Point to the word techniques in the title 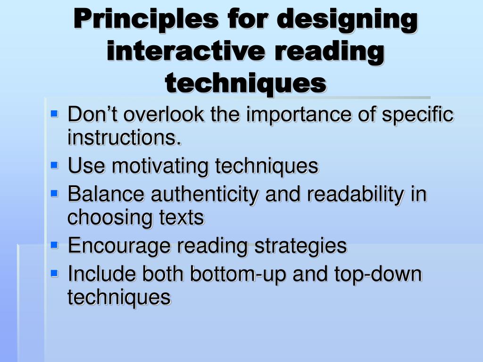[x=246, y=83]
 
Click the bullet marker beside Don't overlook [x=54, y=114]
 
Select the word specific [x=418, y=115]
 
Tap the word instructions [x=124, y=138]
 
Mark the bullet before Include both [x=54, y=273]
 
